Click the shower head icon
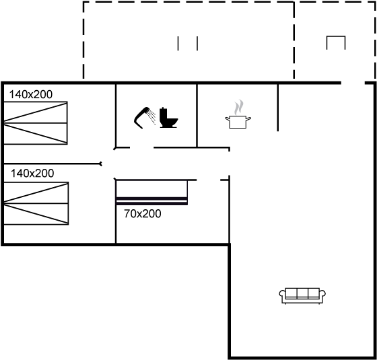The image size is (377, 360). click(x=142, y=118)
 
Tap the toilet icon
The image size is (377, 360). click(x=168, y=118)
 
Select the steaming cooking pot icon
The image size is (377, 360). click(x=238, y=114)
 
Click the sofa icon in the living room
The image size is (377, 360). click(x=302, y=296)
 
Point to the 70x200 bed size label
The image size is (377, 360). click(x=143, y=214)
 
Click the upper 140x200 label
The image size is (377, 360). click(x=31, y=94)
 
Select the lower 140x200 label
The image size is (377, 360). click(x=32, y=174)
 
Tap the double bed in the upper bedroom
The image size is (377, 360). click(x=36, y=123)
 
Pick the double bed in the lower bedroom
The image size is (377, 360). click(x=36, y=203)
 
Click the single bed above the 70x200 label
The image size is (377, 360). click(x=151, y=192)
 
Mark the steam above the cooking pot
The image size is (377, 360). click(x=239, y=107)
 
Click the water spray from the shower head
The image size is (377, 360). click(x=152, y=117)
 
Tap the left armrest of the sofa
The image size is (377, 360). click(x=282, y=295)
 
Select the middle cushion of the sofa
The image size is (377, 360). click(x=302, y=293)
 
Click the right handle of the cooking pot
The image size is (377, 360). click(x=248, y=118)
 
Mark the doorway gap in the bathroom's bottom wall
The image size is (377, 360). click(x=142, y=147)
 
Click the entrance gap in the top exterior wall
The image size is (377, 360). click(x=353, y=83)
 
